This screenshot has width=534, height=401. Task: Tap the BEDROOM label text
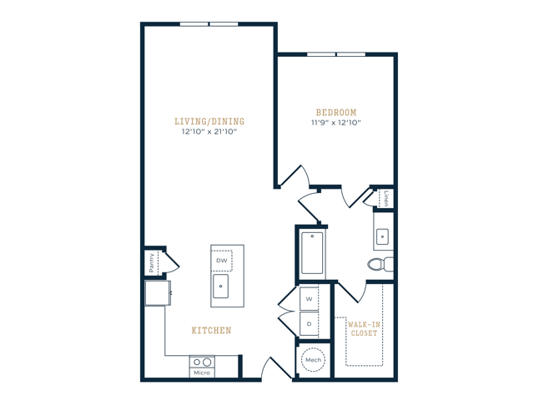pos(336,113)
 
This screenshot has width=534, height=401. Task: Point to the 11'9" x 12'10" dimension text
pos(336,124)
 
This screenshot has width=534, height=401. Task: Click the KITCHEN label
pos(211,331)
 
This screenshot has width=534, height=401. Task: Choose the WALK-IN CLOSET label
pos(364,327)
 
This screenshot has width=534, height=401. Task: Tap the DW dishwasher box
pos(221,261)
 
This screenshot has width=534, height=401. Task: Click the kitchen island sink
pos(222,288)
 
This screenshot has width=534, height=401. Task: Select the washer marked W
pos(308,298)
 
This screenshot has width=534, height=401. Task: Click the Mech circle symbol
pos(313,360)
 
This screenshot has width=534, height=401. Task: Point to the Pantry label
pos(152,261)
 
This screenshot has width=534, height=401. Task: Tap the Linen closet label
pos(388,199)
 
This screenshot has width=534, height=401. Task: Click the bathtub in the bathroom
pos(312,252)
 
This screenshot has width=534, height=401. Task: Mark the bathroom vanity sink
pos(383,236)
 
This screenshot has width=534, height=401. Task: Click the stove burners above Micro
pos(202,363)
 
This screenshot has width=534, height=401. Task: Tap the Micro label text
pos(202,373)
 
